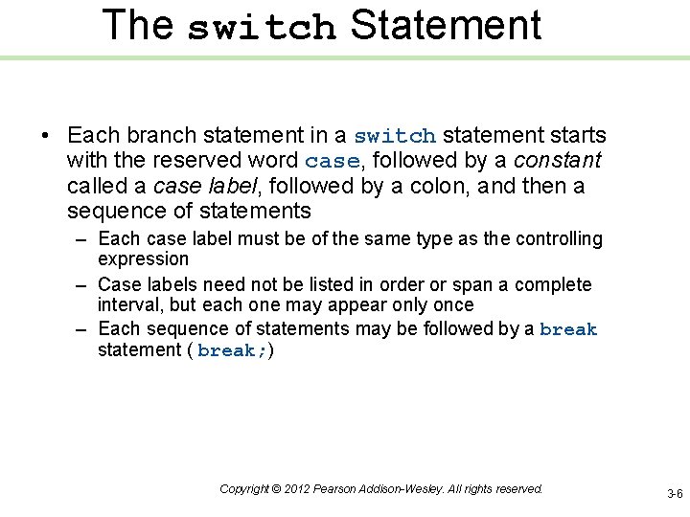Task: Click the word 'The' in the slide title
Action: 137,26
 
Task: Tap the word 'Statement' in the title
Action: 446,26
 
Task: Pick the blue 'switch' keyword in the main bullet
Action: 395,137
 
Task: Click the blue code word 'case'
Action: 333,162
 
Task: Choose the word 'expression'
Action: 143,259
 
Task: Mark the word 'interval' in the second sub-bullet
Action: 131,305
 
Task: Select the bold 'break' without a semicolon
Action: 568,330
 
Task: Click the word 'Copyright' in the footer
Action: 243,489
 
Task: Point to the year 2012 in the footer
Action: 297,489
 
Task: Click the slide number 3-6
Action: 675,494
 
